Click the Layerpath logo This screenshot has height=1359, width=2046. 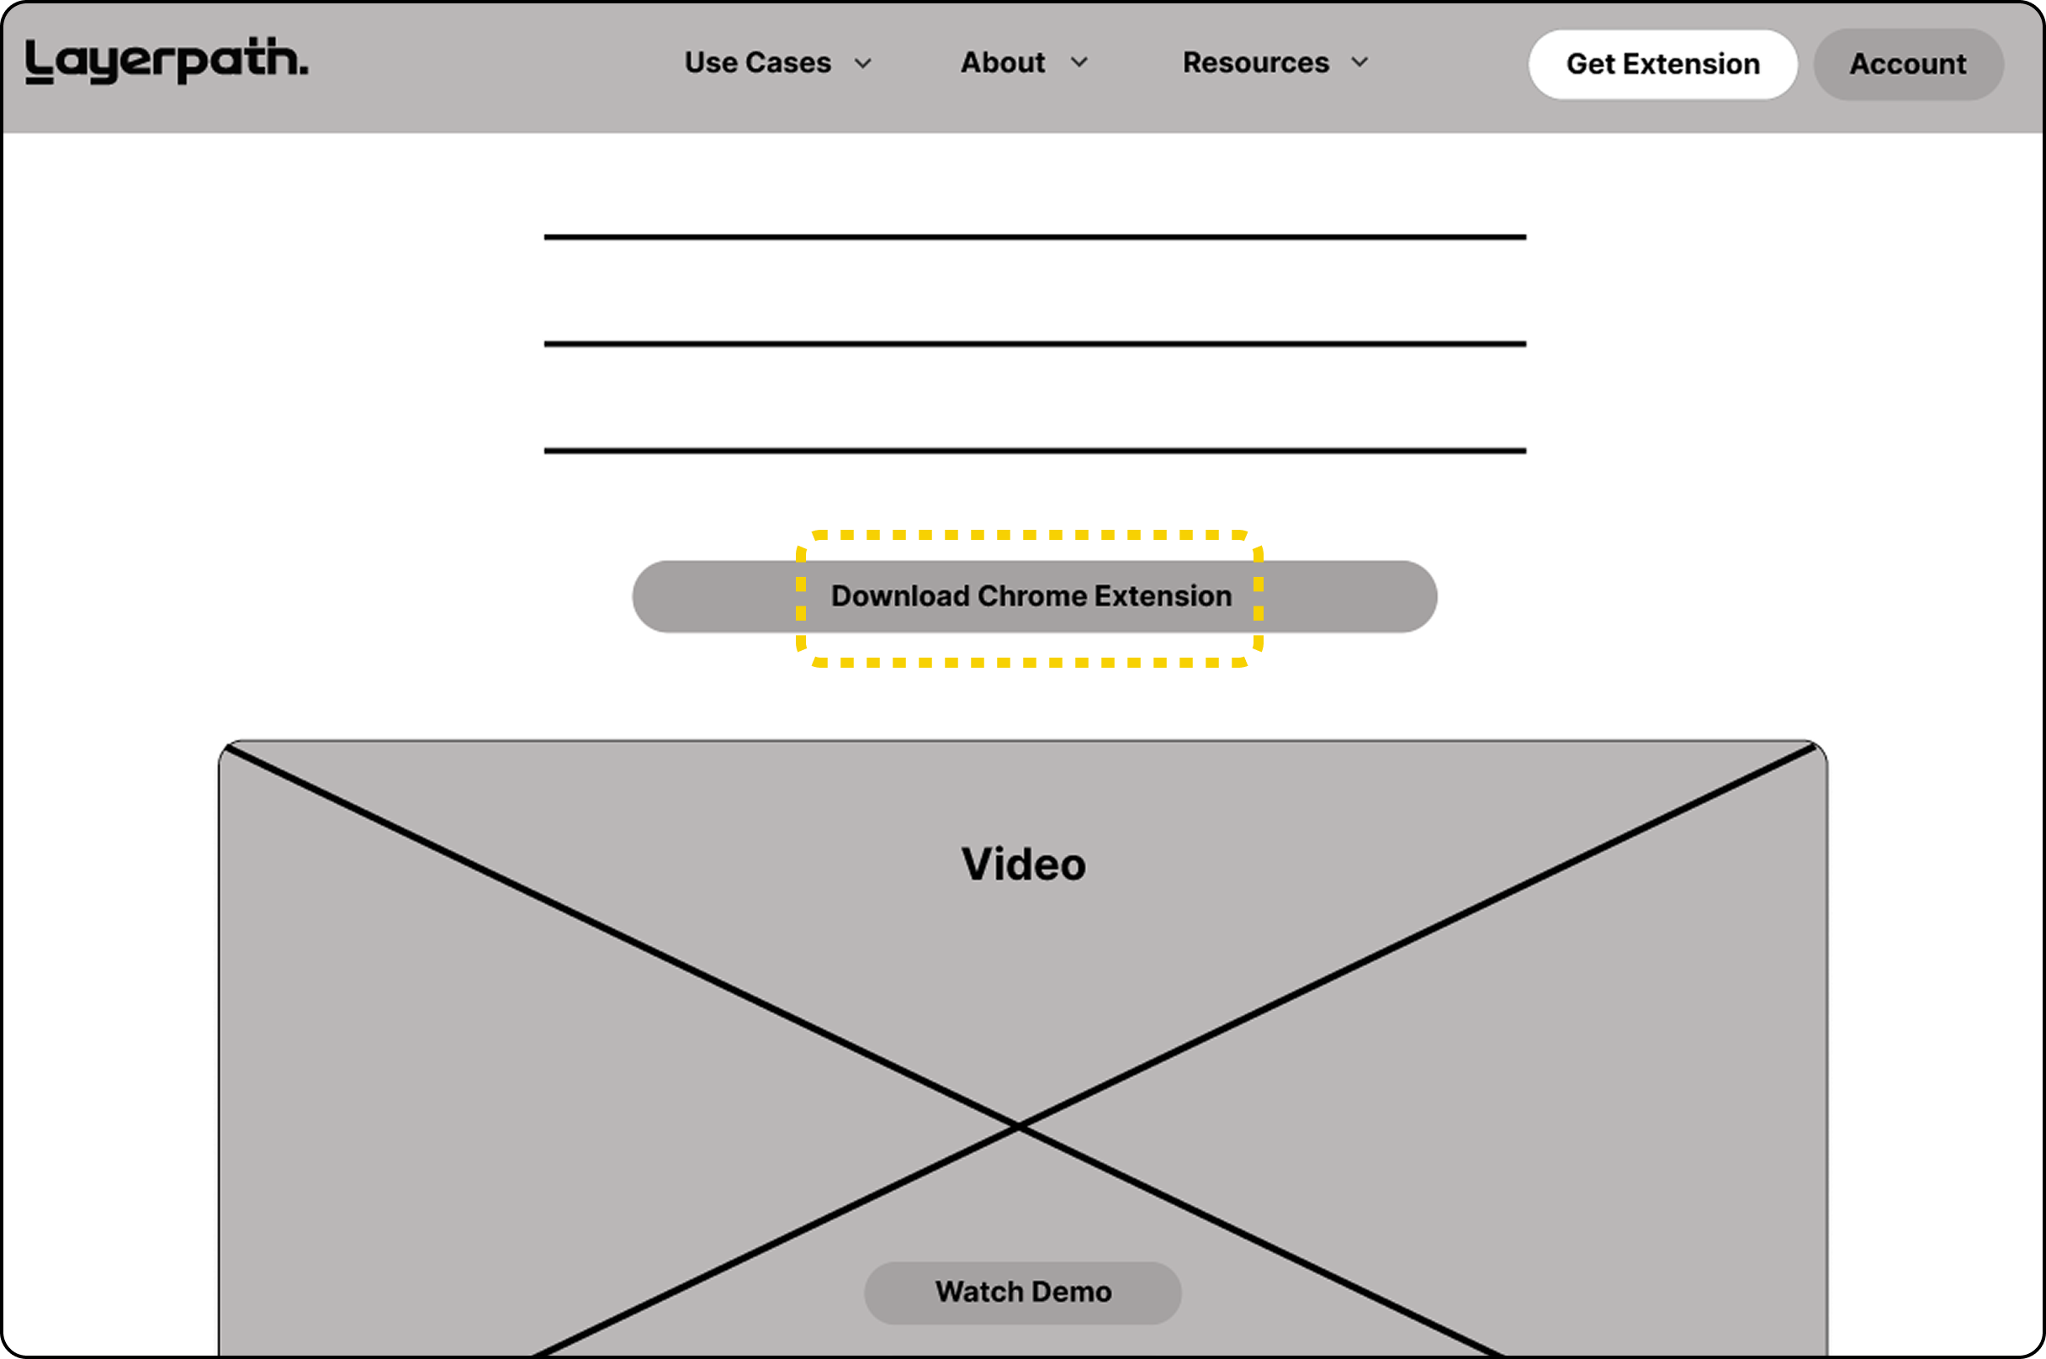pyautogui.click(x=167, y=61)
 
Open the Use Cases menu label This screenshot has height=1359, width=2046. pyautogui.click(x=758, y=62)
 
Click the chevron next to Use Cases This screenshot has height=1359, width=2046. pyautogui.click(x=862, y=63)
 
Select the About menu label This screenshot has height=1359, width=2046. pyautogui.click(x=1003, y=62)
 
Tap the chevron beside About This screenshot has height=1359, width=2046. pyautogui.click(x=1079, y=62)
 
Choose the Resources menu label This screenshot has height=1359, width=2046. pyautogui.click(x=1255, y=62)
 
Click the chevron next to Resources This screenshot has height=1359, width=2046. pyautogui.click(x=1360, y=62)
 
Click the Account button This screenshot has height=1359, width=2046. pyautogui.click(x=1908, y=64)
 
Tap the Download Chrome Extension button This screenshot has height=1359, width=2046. pyautogui.click(x=1034, y=596)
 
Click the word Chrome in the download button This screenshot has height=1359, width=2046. pyautogui.click(x=1032, y=596)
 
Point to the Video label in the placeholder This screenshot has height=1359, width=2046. pyautogui.click(x=1023, y=865)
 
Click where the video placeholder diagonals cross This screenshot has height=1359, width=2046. pyautogui.click(x=1020, y=1126)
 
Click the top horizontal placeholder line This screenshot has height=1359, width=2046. pyautogui.click(x=1034, y=236)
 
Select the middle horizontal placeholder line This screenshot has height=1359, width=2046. pyautogui.click(x=1034, y=344)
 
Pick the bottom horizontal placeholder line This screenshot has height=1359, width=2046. pyautogui.click(x=1034, y=451)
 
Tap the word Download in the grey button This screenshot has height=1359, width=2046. pyautogui.click(x=900, y=596)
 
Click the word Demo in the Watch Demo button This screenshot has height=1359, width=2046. pyautogui.click(x=1072, y=1293)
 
